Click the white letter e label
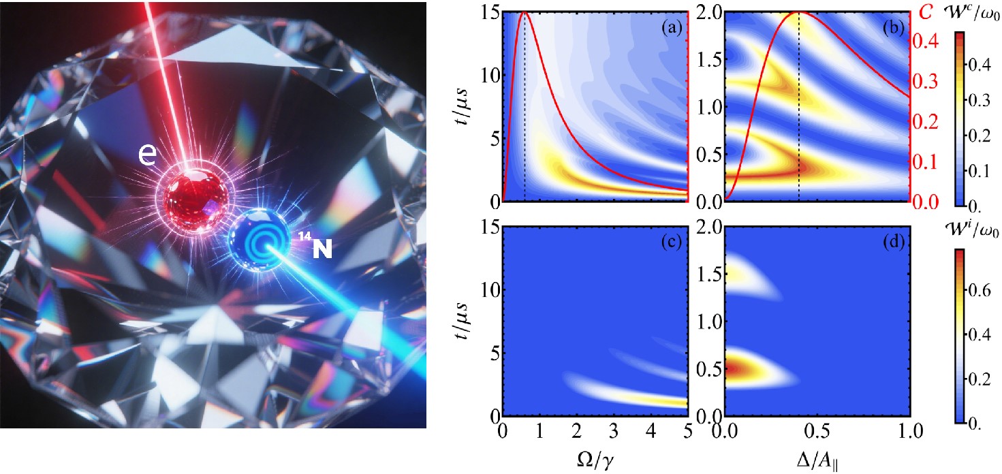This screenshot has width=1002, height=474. pyautogui.click(x=147, y=155)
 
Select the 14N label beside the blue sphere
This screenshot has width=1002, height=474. pyautogui.click(x=317, y=249)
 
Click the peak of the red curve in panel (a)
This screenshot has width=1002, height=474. pyautogui.click(x=524, y=13)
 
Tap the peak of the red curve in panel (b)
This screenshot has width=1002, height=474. pyautogui.click(x=798, y=13)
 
